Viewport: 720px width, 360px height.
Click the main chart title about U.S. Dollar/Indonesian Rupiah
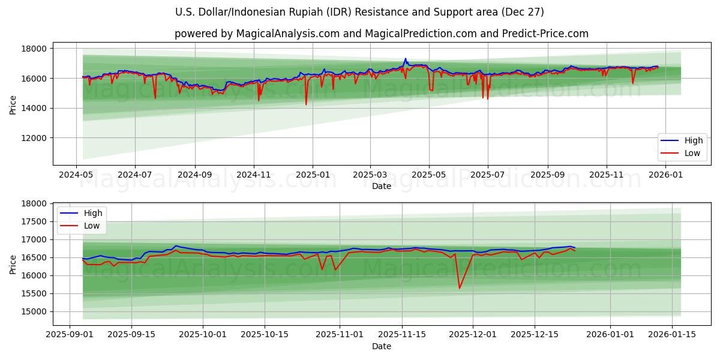pos(360,12)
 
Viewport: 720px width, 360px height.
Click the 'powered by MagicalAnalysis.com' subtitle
pos(381,34)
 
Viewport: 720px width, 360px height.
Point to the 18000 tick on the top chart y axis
pos(35,49)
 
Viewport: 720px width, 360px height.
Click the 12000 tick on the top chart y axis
pos(35,138)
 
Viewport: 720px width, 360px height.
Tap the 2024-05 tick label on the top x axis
pos(76,175)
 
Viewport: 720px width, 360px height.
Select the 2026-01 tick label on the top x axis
pos(666,175)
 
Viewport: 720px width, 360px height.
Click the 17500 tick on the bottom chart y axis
pos(35,221)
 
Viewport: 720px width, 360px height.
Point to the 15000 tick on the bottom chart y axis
pos(35,311)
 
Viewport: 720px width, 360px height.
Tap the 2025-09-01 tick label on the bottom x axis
pos(70,335)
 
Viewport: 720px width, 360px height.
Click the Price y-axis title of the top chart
pos(13,104)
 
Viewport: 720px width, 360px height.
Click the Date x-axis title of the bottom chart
pos(381,346)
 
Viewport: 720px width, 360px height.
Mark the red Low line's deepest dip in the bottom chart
pos(460,289)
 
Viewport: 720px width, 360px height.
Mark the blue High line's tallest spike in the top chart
pos(406,59)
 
